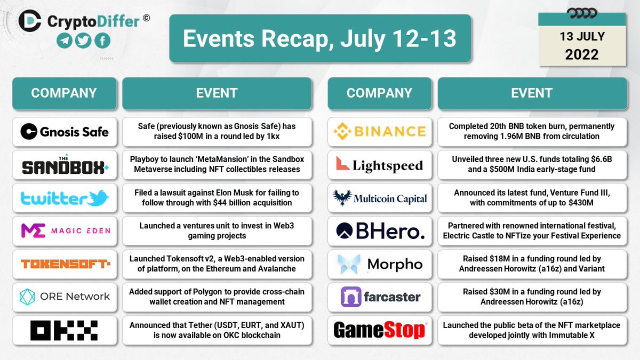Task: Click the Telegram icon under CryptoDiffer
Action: tap(66, 42)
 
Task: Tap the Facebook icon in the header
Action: tap(101, 42)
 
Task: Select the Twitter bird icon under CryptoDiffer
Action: tap(83, 42)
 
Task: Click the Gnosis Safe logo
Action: tap(64, 131)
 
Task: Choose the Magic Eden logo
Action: tap(64, 230)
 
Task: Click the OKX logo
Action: tap(64, 330)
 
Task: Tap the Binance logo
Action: tap(379, 131)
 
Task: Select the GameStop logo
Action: tap(379, 330)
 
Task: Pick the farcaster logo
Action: tap(379, 297)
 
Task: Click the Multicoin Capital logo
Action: tap(379, 198)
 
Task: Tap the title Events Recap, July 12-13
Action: tap(319, 39)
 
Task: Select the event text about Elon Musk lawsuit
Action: tap(217, 198)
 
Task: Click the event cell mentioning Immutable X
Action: tap(531, 330)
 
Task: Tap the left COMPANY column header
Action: tap(64, 93)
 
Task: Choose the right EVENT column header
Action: tap(531, 93)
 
